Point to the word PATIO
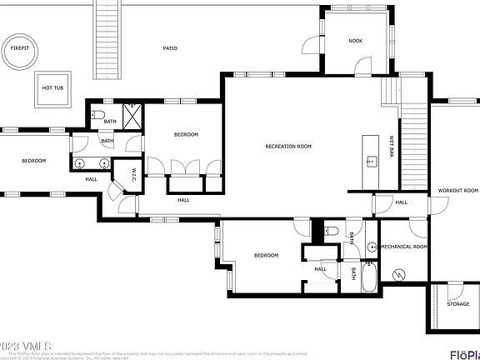point(170,48)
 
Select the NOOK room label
point(355,40)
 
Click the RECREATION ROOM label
point(288,146)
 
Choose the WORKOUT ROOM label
point(457,191)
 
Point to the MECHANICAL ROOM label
point(403,247)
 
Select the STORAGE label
point(457,304)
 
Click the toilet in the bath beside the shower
point(98,114)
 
